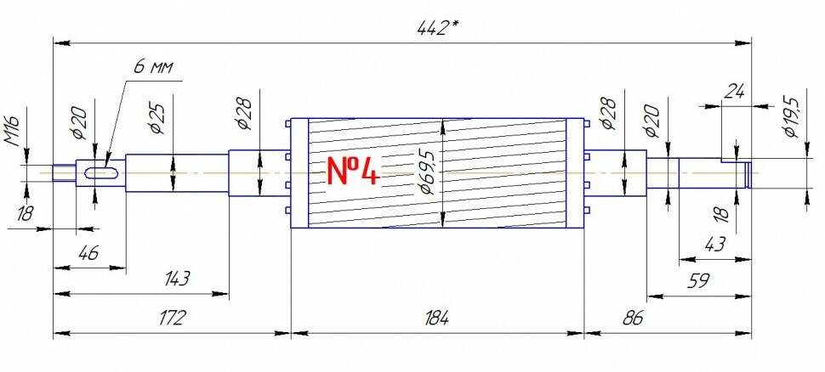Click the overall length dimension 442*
(436, 27)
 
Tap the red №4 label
(353, 171)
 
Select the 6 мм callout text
(152, 68)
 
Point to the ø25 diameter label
(157, 118)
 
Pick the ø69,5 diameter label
(430, 171)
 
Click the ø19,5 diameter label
(791, 117)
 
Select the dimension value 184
(436, 318)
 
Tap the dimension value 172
(172, 318)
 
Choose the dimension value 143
(176, 279)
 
